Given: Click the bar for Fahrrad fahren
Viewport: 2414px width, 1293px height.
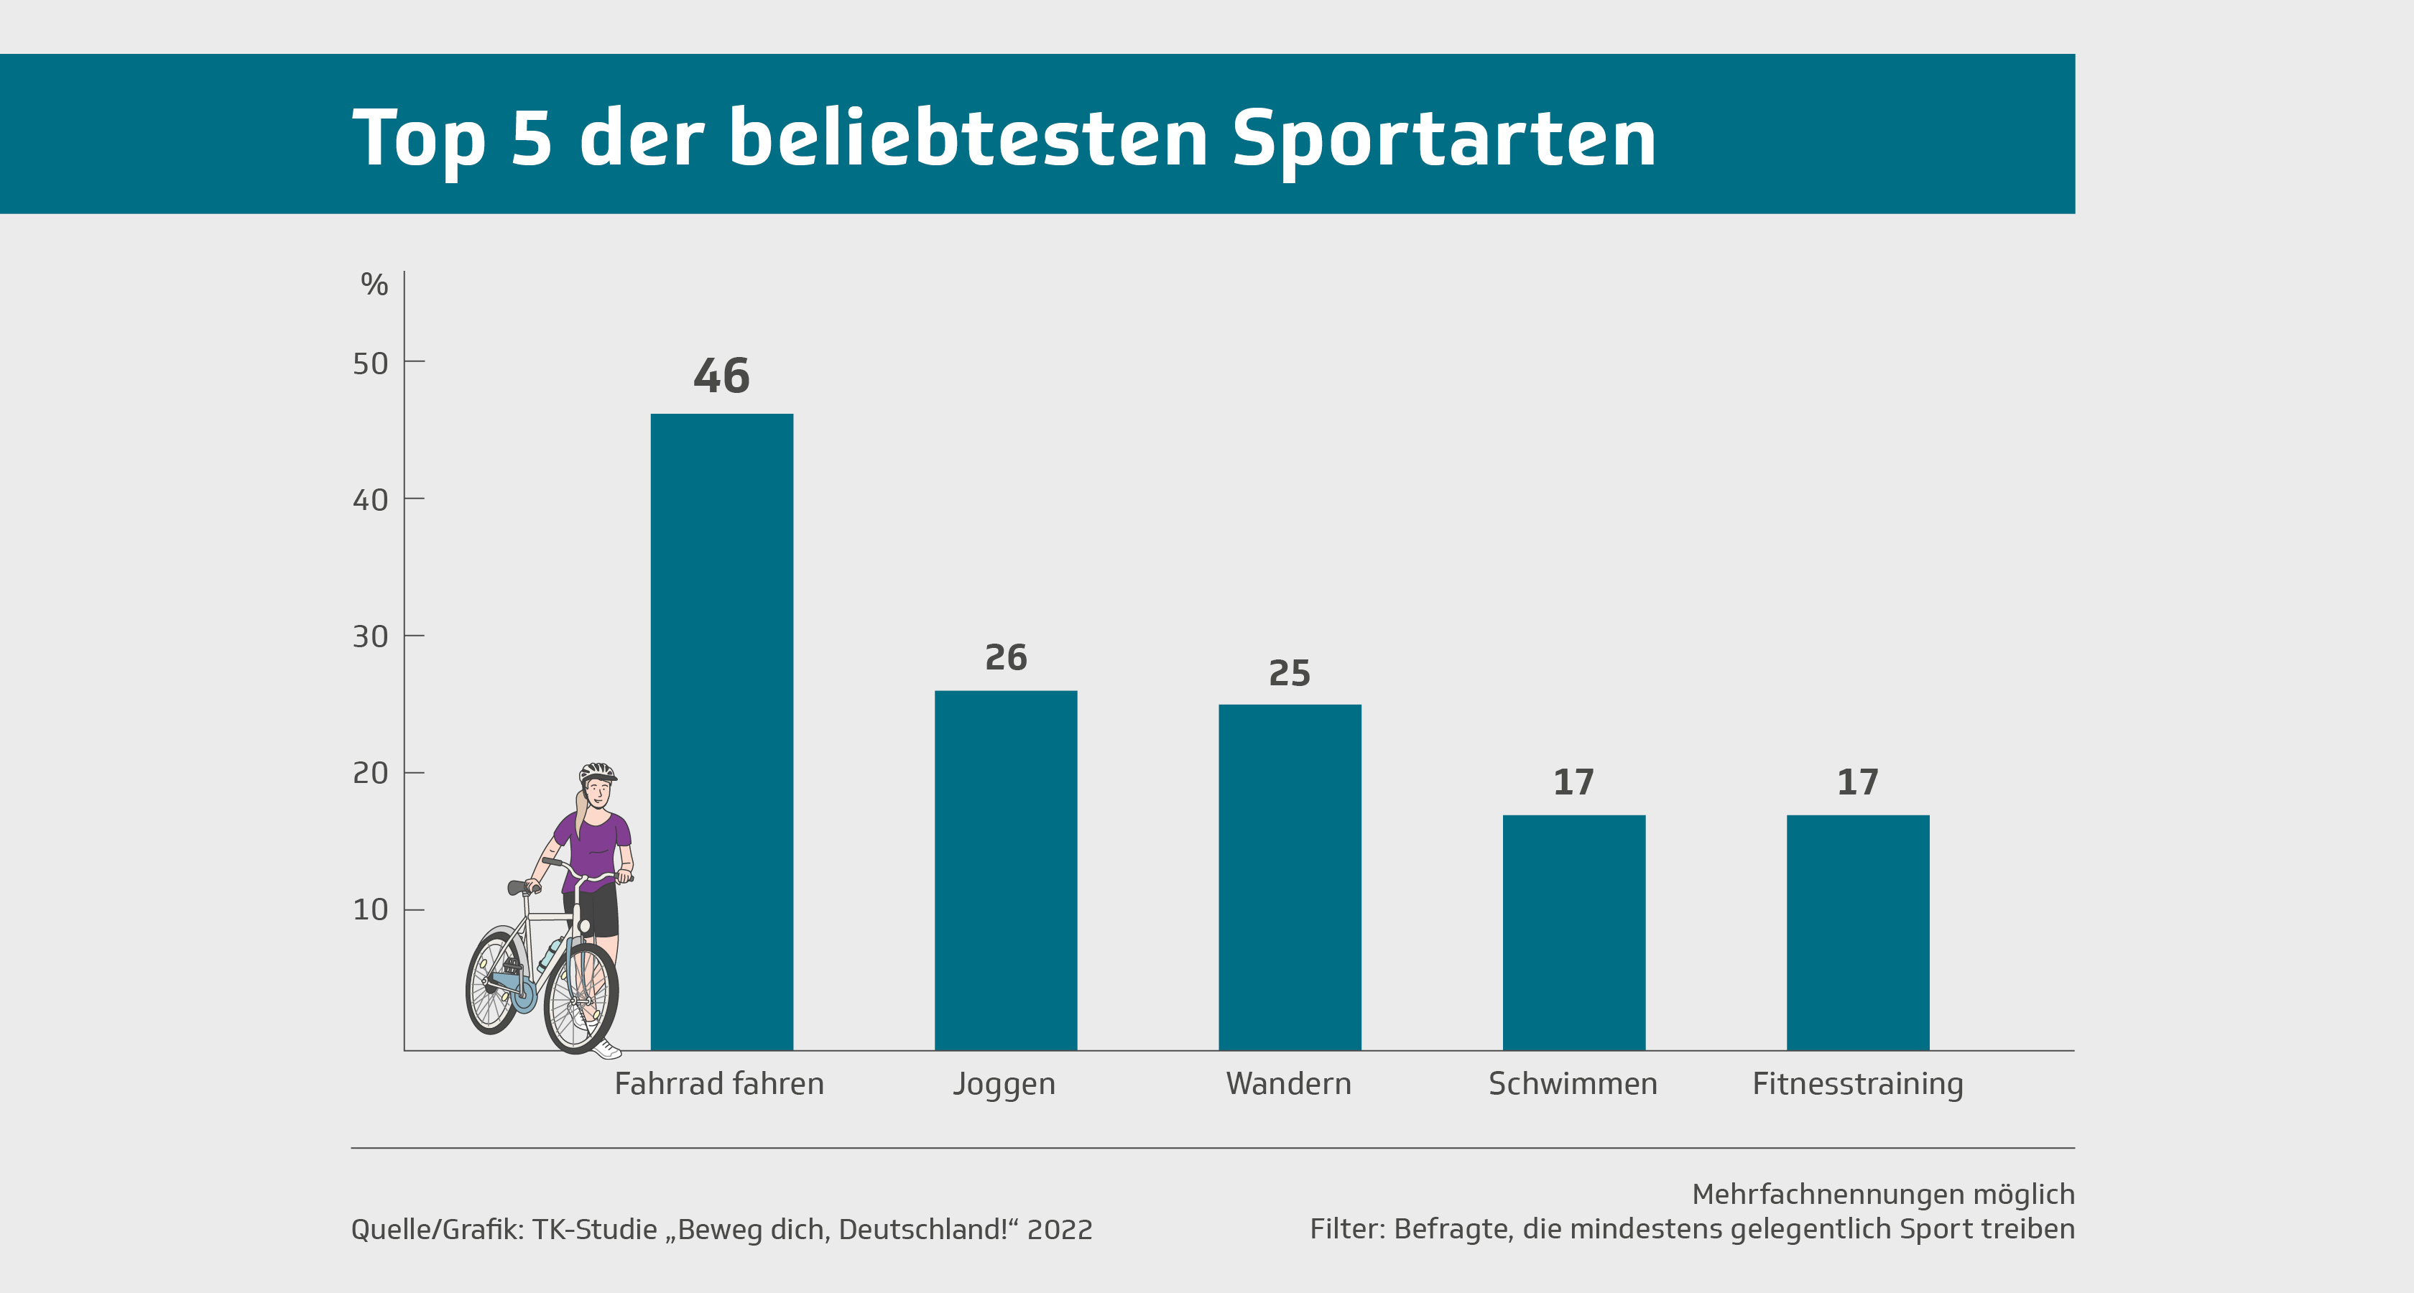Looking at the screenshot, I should pos(721,731).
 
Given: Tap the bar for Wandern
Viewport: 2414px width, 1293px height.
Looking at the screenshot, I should pos(1290,876).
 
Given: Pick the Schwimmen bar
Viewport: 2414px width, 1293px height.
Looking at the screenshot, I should pos(1573,932).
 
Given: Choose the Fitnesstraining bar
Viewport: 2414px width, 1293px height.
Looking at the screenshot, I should pos(1857,932).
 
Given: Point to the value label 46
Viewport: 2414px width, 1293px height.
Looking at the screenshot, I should pos(721,376).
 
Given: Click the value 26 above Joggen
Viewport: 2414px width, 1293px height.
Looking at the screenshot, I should pos(1006,658).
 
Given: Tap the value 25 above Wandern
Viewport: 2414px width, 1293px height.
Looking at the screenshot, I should pos(1290,674).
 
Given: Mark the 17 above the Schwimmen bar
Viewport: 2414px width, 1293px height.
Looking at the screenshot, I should pos(1573,782).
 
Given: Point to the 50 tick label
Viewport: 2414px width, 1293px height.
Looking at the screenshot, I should pos(370,363).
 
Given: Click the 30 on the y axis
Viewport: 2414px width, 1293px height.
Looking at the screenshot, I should pos(370,637).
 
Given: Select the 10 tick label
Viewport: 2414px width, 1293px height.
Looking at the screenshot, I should pos(370,910).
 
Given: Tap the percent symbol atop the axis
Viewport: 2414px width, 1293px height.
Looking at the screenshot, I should pos(374,284).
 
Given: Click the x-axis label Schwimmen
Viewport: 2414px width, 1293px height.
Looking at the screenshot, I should pos(1573,1084).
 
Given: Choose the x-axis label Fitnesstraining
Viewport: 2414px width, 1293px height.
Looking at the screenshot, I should pos(1857,1084).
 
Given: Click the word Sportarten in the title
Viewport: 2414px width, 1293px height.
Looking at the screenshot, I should pos(1443,139).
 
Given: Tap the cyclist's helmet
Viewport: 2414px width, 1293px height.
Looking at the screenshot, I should pos(597,773).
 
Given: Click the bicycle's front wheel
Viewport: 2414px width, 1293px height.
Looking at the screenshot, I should pos(581,998).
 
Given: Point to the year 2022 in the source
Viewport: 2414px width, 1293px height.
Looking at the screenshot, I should pos(1059,1229).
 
